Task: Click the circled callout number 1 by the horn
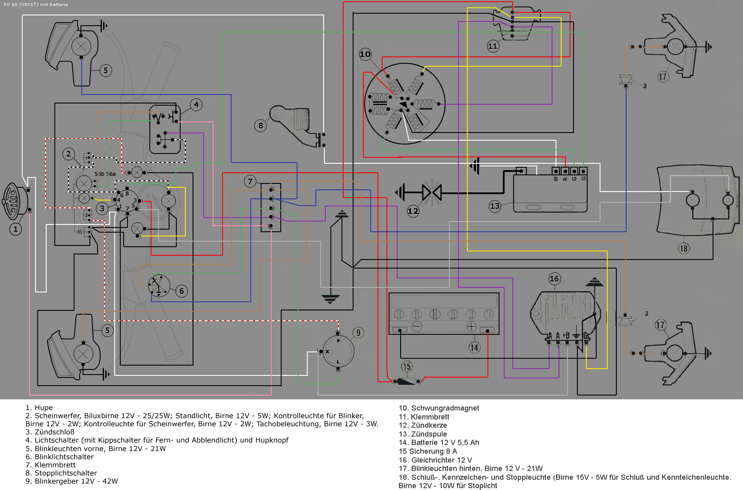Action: click(x=15, y=229)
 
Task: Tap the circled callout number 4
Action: click(x=196, y=105)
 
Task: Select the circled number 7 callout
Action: click(x=250, y=181)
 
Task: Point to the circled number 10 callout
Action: click(x=365, y=54)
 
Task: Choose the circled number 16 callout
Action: click(x=554, y=279)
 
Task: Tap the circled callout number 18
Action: click(x=684, y=248)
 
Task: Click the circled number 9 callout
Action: click(x=358, y=333)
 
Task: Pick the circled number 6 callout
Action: click(x=181, y=291)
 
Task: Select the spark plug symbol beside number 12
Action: click(x=431, y=192)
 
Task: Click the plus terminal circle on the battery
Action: click(x=471, y=327)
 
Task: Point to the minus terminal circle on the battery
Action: click(x=416, y=327)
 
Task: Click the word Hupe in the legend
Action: click(x=44, y=408)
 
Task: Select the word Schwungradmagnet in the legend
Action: click(x=445, y=408)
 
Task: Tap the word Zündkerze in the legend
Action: click(x=429, y=425)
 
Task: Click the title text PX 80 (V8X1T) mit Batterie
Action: click(x=36, y=5)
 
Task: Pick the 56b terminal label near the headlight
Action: click(x=99, y=174)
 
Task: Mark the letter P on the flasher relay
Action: click(x=338, y=341)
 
